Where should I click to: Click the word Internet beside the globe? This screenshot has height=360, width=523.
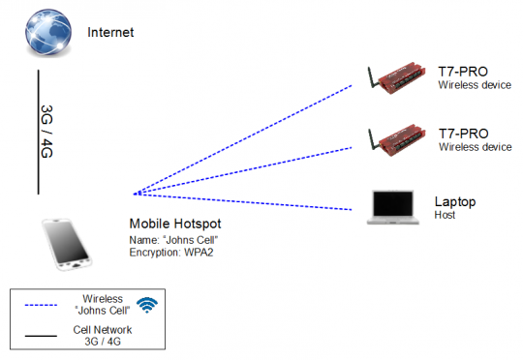pyautogui.click(x=110, y=32)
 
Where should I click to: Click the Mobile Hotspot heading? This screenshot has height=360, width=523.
pyautogui.click(x=181, y=223)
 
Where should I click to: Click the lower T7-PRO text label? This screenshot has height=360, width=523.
pyautogui.click(x=462, y=134)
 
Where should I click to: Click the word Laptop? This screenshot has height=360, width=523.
pyautogui.click(x=454, y=201)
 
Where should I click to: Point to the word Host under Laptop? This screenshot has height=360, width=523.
pyautogui.click(x=446, y=214)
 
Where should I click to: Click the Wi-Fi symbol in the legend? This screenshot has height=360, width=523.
pyautogui.click(x=146, y=305)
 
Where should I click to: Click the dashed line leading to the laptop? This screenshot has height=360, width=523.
pyautogui.click(x=242, y=201)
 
